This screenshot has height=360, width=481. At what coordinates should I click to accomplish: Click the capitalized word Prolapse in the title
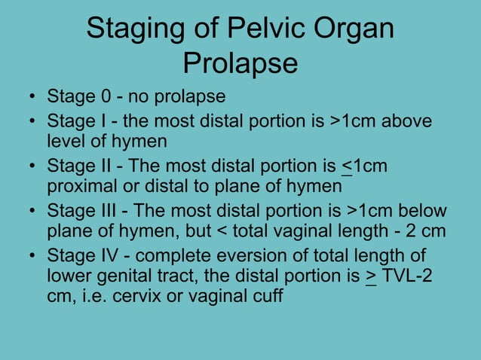240,64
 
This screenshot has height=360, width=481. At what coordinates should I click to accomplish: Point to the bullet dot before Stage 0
31,98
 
